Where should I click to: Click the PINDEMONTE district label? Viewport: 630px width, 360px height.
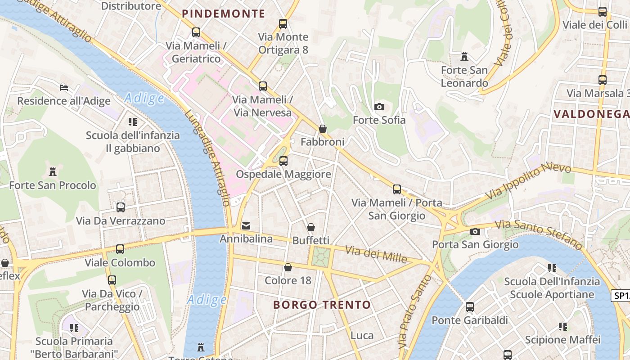(x=224, y=13)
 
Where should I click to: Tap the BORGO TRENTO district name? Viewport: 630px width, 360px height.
(x=322, y=305)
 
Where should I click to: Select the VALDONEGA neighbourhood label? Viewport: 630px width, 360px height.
(x=591, y=113)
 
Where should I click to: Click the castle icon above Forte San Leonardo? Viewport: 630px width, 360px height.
(x=464, y=57)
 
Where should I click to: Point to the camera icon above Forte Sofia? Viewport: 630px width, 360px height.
(x=379, y=107)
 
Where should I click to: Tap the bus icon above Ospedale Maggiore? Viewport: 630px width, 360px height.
(x=283, y=161)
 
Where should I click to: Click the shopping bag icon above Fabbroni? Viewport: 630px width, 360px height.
(x=323, y=129)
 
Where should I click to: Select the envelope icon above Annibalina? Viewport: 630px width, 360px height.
(x=246, y=225)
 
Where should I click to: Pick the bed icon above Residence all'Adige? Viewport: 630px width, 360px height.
(x=64, y=87)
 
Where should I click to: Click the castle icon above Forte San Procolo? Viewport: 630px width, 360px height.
(x=53, y=171)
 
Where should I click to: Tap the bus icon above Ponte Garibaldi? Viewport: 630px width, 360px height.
(x=470, y=307)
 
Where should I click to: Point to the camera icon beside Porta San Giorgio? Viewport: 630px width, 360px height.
(x=475, y=232)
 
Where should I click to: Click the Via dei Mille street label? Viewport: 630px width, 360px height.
(x=376, y=254)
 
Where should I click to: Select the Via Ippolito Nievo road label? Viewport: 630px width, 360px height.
(x=528, y=181)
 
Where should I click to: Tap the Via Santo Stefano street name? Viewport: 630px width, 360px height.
(x=539, y=234)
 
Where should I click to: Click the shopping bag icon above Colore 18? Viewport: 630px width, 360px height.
(x=288, y=267)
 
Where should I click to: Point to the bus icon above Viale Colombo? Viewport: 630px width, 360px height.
(x=120, y=249)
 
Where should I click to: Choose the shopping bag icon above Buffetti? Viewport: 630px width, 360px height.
(x=311, y=227)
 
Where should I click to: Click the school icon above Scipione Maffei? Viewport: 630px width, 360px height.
(x=563, y=326)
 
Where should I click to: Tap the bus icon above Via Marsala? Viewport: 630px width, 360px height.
(x=603, y=80)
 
